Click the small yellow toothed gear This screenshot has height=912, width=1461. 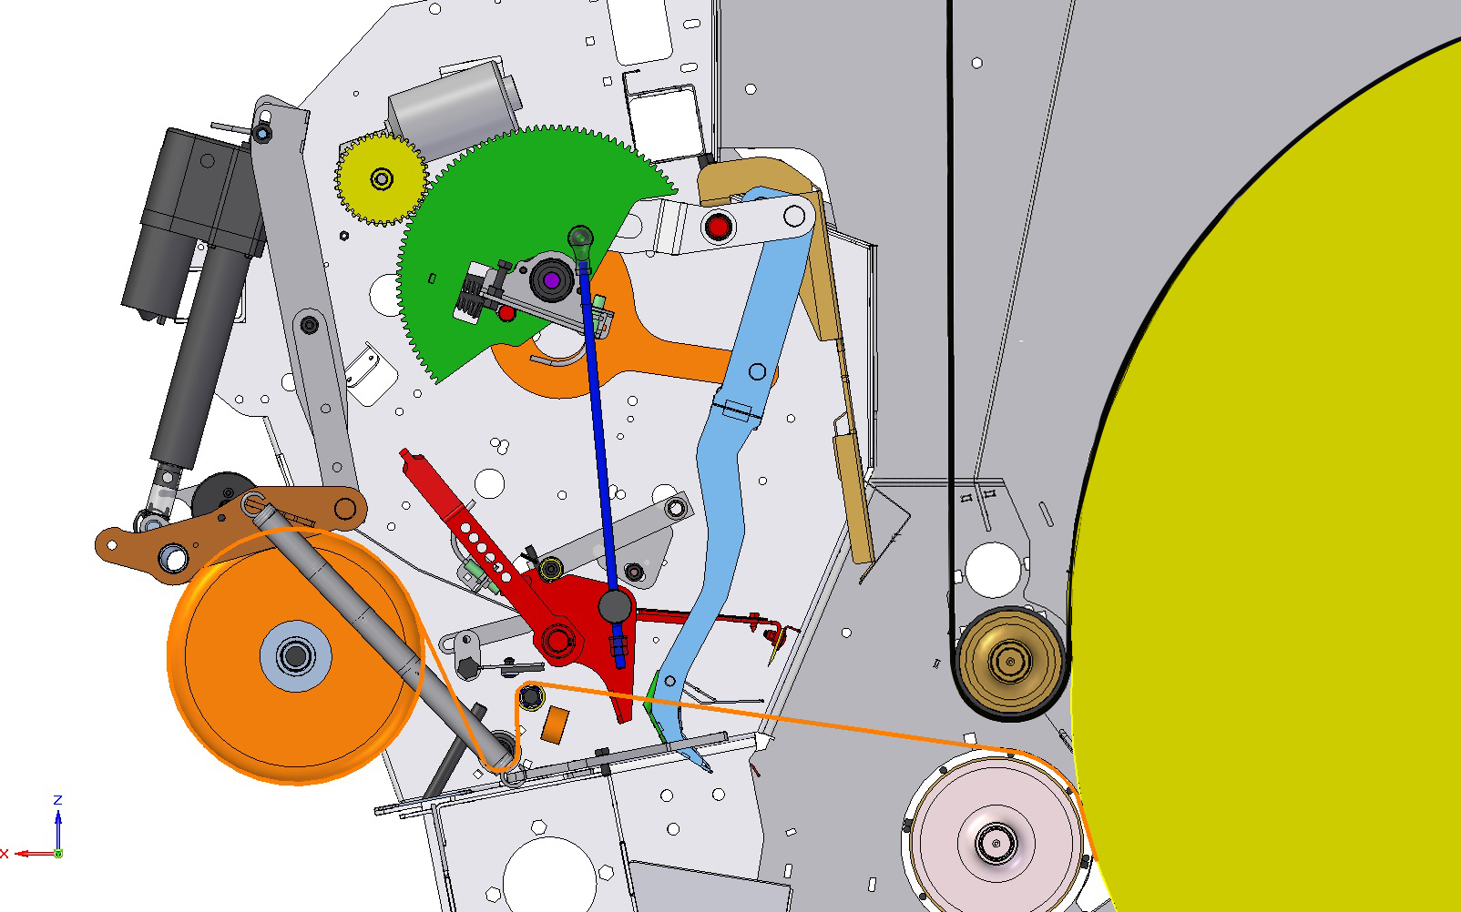382,178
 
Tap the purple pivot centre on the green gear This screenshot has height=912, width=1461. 552,280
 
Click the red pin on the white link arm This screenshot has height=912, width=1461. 719,227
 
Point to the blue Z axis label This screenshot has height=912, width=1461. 57,800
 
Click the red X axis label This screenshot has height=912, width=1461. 5,854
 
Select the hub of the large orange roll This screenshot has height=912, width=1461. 295,656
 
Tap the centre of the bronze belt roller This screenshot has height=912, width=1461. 1010,661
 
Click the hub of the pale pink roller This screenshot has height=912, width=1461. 996,843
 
